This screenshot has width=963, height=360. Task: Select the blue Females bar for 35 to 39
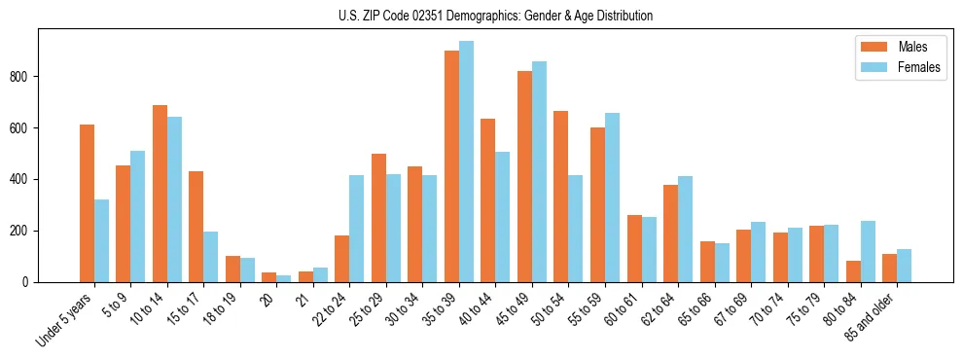(x=467, y=162)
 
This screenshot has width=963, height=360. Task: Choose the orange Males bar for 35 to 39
(x=452, y=166)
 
